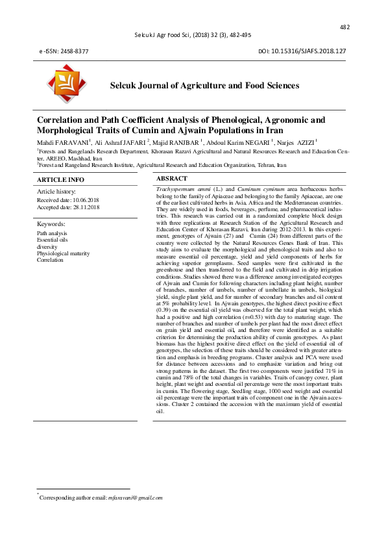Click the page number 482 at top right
(x=344, y=27)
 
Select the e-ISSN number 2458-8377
(x=73, y=51)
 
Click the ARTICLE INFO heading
(x=60, y=179)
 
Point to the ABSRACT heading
(x=172, y=178)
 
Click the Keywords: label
(x=51, y=224)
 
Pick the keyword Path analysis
(x=52, y=233)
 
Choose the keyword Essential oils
(x=52, y=240)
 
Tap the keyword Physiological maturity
(x=64, y=253)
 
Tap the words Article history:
(x=56, y=192)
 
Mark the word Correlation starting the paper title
(x=61, y=120)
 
